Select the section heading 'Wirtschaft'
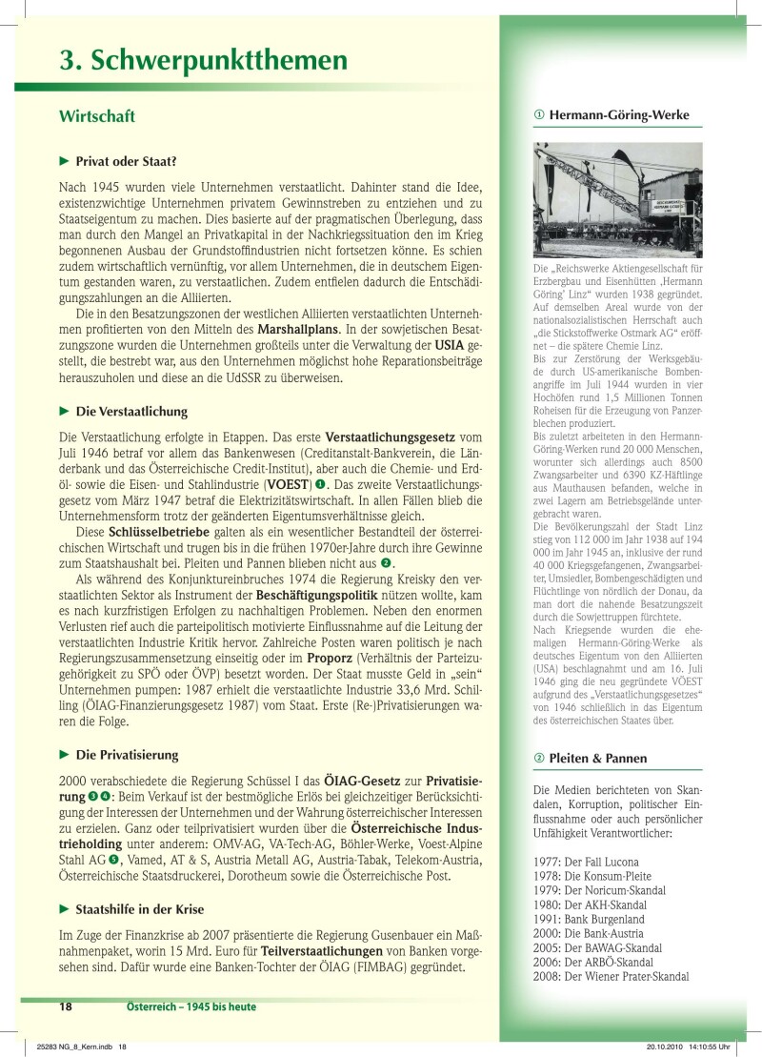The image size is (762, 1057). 97,116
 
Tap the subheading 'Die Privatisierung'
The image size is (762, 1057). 120,755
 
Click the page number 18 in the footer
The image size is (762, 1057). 66,1006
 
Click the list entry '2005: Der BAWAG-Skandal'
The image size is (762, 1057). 597,948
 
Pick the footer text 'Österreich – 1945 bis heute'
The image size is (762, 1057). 190,1006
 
